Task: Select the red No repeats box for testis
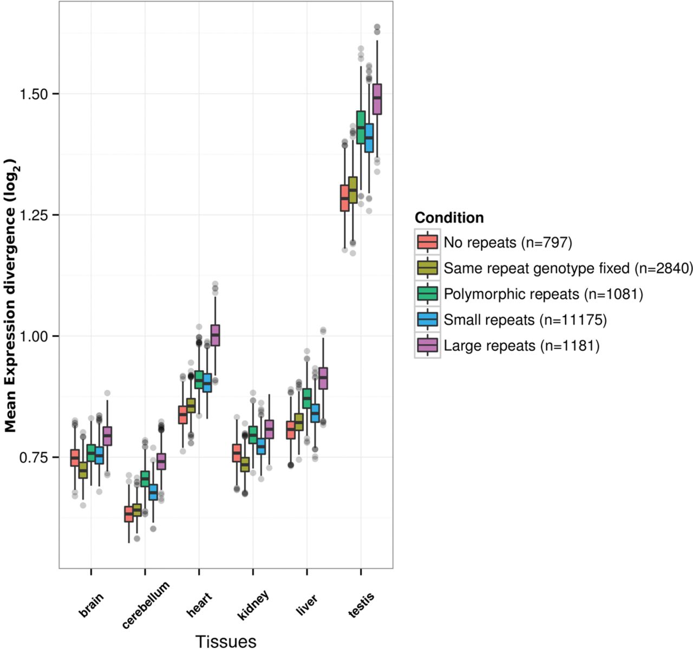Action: tap(344, 198)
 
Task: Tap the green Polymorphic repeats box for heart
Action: tap(199, 380)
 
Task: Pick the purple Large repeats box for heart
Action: tap(215, 335)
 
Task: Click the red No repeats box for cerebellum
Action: tap(129, 514)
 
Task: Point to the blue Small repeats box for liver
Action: tap(315, 413)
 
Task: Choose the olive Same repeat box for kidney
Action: tap(245, 464)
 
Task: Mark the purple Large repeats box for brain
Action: tap(107, 436)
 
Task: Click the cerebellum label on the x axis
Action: tap(146, 605)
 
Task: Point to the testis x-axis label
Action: tap(361, 605)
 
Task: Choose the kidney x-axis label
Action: tap(253, 605)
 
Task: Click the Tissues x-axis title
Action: tap(226, 641)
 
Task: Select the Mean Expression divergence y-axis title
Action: tap(10, 296)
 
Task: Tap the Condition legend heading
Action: tap(449, 218)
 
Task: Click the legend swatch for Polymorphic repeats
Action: tap(427, 294)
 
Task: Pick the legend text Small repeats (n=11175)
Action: tap(525, 320)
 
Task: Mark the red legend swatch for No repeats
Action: tap(427, 242)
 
